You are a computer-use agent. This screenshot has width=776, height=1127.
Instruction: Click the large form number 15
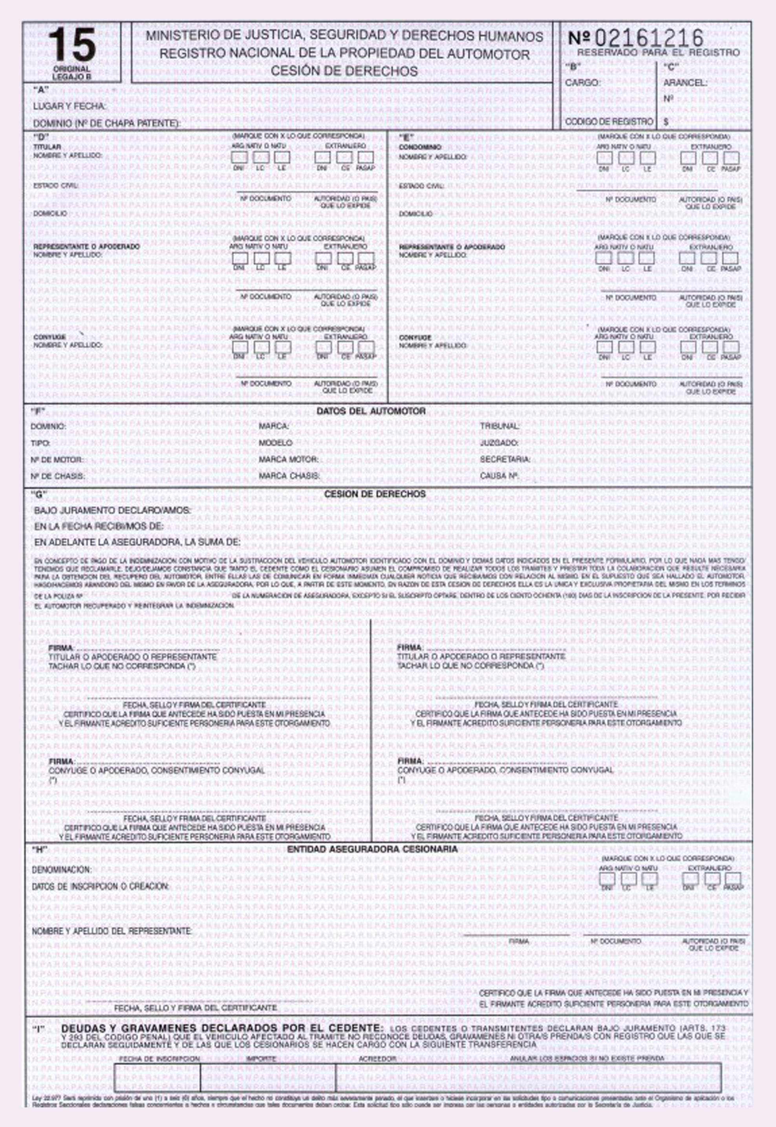click(x=72, y=45)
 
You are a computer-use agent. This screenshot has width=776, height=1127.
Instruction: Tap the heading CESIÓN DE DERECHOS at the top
click(x=344, y=71)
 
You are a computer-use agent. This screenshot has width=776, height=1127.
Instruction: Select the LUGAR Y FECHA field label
click(x=70, y=106)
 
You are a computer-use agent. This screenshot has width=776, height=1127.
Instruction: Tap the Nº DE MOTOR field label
click(x=57, y=459)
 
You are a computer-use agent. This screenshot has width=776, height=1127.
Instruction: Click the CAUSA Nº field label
click(x=498, y=476)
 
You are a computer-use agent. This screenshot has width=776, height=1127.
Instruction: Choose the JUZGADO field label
click(x=499, y=443)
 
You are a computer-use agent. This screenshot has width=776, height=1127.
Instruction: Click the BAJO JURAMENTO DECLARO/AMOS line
click(x=112, y=511)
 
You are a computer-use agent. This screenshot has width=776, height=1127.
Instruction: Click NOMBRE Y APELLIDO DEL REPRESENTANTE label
click(x=112, y=931)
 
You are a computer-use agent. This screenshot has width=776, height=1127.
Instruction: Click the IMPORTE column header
click(x=261, y=1058)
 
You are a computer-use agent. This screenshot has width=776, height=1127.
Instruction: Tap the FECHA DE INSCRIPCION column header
click(x=159, y=1058)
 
